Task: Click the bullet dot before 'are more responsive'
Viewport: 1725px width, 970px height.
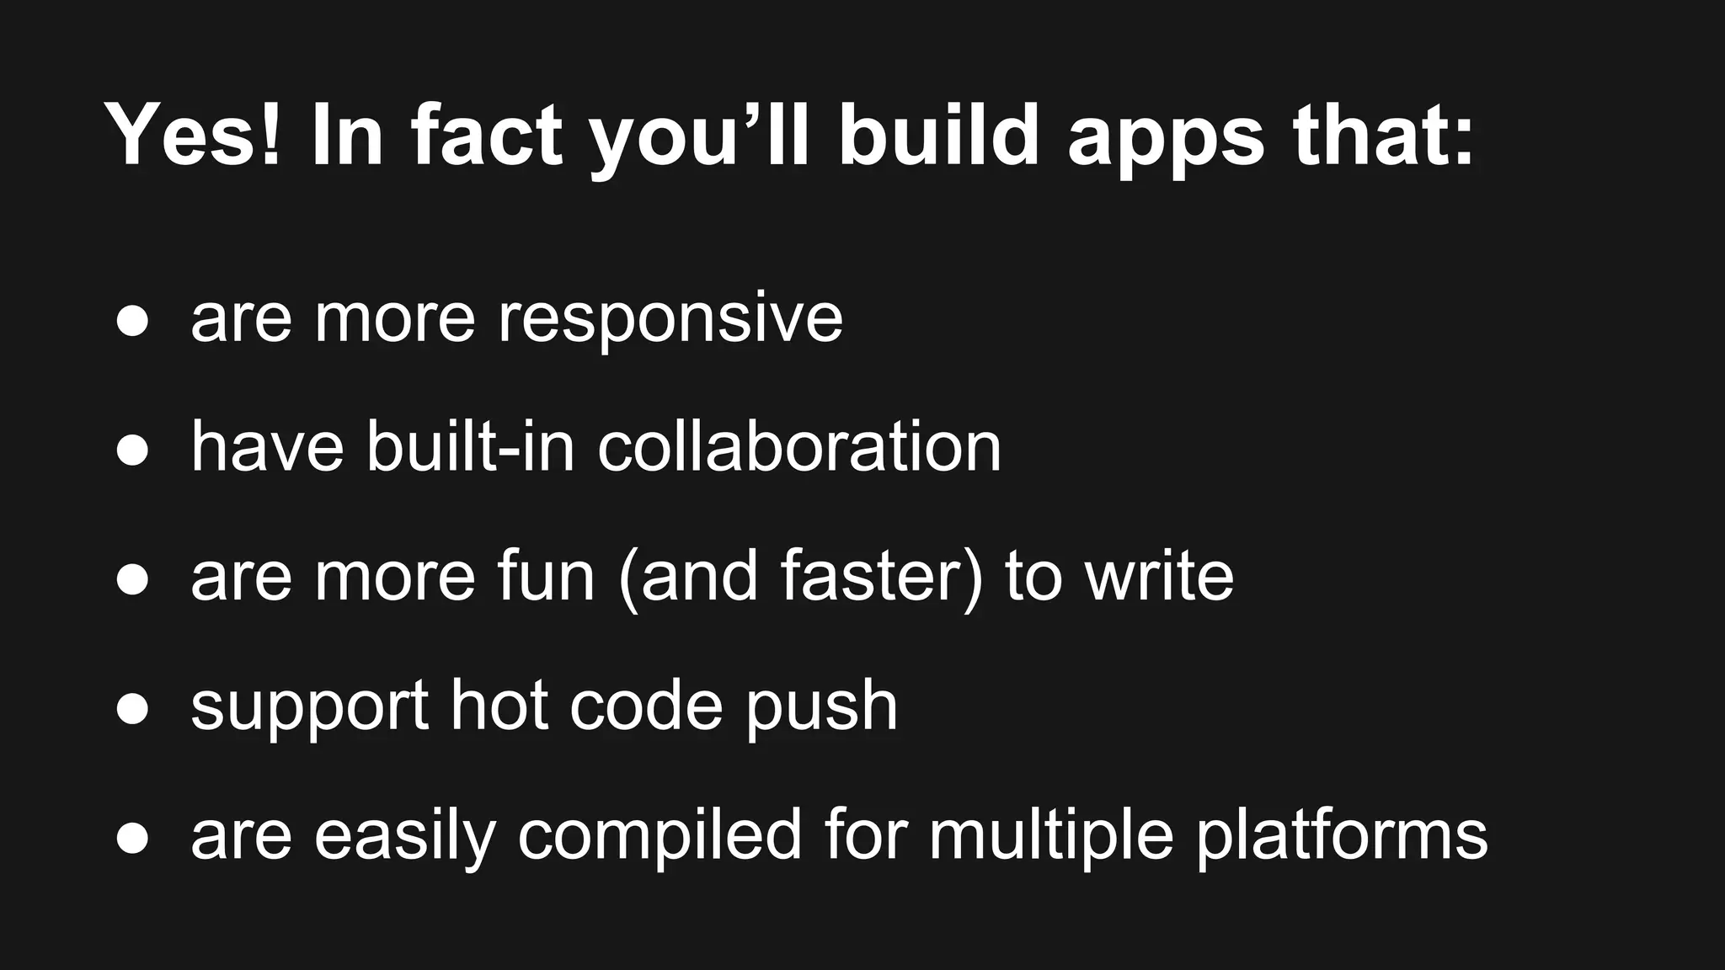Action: [132, 322]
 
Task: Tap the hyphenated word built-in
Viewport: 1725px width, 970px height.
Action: [471, 446]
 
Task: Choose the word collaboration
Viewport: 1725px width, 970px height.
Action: [799, 446]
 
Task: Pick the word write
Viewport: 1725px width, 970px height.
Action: [1159, 576]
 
